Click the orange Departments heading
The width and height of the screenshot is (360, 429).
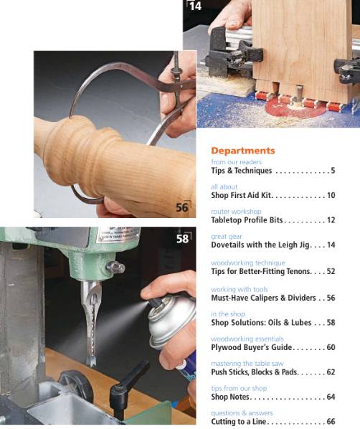click(242, 151)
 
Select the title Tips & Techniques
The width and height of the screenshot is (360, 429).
click(241, 171)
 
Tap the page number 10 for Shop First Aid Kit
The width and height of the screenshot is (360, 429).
click(331, 195)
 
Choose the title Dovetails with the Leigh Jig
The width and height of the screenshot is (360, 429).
click(260, 245)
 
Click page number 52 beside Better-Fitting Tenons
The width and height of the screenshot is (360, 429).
click(331, 272)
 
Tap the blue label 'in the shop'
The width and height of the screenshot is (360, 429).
click(228, 314)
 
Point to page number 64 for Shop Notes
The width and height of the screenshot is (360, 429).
click(331, 397)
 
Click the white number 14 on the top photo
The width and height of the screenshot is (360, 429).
click(194, 6)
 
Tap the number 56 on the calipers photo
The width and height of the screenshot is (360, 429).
click(183, 208)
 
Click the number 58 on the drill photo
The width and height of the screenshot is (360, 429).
click(183, 238)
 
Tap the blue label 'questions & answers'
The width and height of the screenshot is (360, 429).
click(242, 413)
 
